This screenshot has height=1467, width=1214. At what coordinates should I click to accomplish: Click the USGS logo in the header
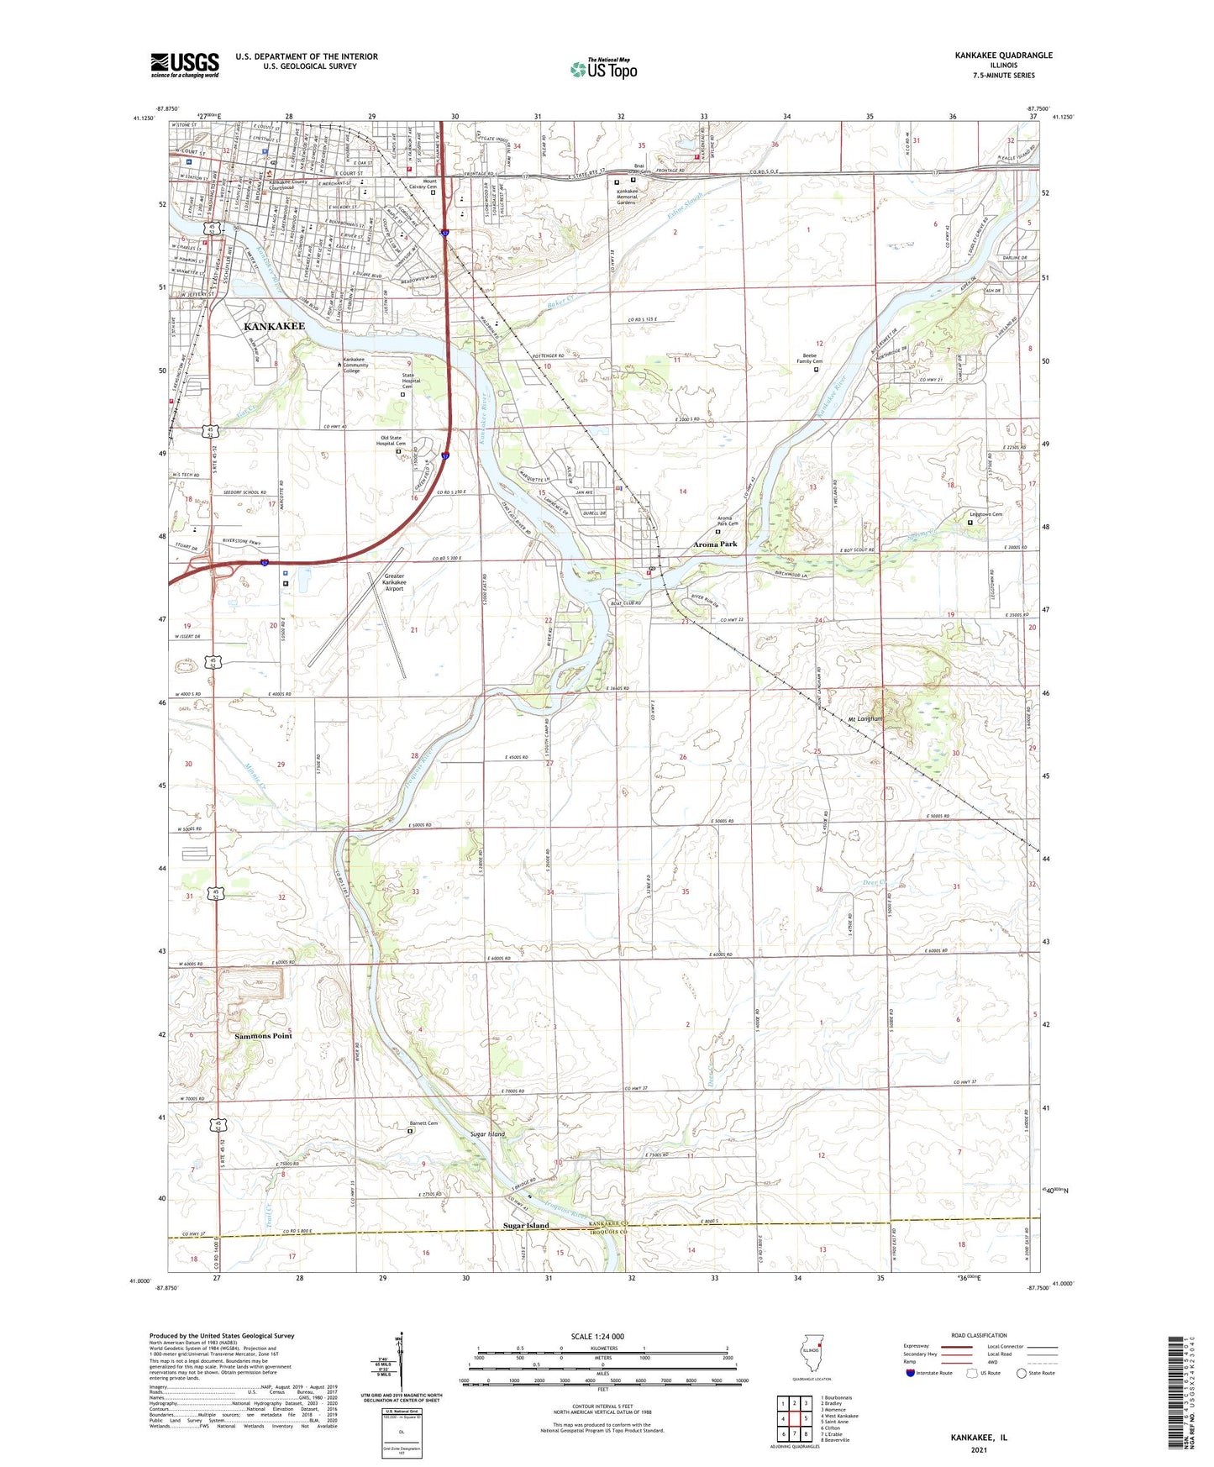[x=185, y=65]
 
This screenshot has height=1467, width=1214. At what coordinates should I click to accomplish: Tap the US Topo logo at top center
[x=604, y=70]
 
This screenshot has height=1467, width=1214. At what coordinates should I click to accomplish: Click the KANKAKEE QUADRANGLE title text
[x=1003, y=55]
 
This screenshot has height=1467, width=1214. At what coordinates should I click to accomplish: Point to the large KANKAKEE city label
[x=275, y=325]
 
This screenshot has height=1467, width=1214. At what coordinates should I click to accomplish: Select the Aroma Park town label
[x=715, y=544]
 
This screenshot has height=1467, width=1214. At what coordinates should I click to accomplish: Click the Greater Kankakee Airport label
[x=394, y=582]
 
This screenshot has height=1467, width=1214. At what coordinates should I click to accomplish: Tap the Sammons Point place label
[x=263, y=1036]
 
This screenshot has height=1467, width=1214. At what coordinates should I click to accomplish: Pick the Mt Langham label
[x=865, y=719]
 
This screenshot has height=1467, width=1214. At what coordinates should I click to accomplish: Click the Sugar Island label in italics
[x=488, y=1134]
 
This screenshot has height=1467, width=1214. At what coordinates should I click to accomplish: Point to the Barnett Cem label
[x=423, y=1123]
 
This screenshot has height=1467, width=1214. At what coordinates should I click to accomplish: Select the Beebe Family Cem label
[x=810, y=358]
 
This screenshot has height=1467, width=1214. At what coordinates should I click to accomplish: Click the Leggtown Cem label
[x=986, y=514]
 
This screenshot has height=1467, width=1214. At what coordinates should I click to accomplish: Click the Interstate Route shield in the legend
[x=912, y=1373]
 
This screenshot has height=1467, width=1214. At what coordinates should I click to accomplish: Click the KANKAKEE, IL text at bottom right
[x=979, y=1438]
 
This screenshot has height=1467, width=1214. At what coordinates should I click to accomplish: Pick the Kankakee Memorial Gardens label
[x=639, y=197]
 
